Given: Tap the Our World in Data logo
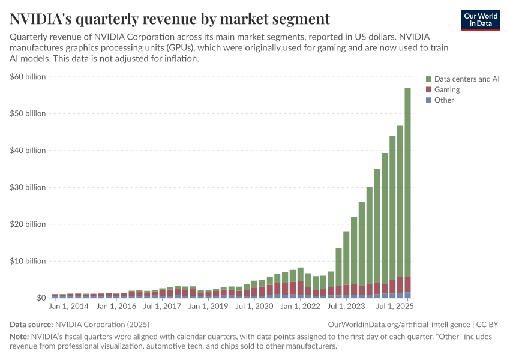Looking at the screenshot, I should [480, 20].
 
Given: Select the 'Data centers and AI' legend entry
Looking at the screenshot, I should [466, 79].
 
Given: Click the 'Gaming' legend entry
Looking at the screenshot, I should [446, 89].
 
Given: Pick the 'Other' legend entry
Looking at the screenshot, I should [444, 100].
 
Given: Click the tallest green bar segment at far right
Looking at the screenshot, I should [407, 180].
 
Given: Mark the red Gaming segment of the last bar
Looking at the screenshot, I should [407, 284].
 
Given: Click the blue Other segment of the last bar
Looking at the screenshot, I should [407, 295].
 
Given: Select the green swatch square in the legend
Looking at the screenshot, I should [428, 79].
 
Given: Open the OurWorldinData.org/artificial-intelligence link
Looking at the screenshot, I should [398, 324].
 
